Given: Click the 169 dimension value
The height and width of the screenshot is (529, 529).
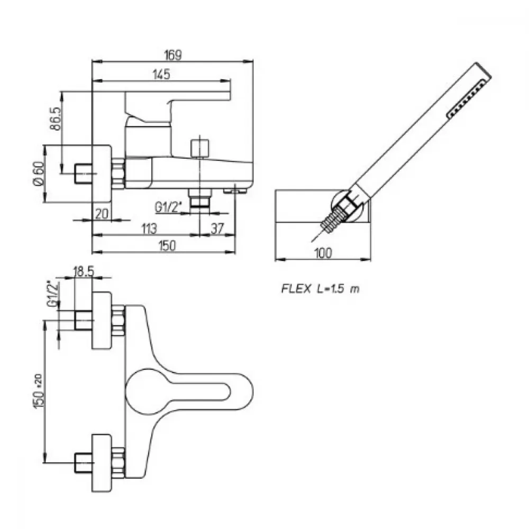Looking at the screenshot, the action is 173,55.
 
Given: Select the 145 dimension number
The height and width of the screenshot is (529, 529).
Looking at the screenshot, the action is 161,74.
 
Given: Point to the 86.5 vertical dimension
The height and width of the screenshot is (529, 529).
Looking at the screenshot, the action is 56,118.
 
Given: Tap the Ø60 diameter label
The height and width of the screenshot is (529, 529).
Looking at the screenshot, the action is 38,173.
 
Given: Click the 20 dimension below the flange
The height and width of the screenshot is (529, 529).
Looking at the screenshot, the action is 102,214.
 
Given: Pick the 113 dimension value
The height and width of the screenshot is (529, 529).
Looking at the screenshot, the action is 149,229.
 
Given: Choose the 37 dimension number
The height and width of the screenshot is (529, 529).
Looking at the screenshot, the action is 217,229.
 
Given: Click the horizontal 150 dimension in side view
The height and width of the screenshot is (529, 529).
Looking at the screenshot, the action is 167,245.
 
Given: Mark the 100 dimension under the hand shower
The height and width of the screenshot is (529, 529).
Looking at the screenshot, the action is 323,253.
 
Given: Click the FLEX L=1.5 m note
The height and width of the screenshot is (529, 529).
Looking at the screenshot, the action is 321,289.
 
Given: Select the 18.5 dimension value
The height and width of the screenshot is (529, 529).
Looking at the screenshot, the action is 84,271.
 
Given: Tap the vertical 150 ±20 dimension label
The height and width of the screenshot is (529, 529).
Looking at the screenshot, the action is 39,391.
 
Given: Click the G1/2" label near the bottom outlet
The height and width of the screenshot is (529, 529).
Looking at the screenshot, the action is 168,207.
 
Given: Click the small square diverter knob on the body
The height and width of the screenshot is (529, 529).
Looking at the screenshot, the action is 200,148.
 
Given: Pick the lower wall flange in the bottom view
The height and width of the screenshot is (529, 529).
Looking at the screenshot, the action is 102,462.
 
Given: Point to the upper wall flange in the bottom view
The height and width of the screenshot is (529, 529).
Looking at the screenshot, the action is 102,320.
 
